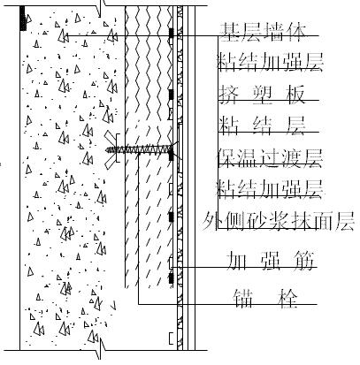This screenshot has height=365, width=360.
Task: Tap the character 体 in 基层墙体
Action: pos(295,32)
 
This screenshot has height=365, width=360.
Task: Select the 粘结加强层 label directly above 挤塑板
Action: pos(270,62)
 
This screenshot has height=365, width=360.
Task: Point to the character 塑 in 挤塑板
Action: pos(263,95)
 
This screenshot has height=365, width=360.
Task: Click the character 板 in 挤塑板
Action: pos(295,95)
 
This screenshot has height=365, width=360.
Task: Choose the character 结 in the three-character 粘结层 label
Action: pos(263,125)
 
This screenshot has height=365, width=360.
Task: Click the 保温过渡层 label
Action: pos(270,158)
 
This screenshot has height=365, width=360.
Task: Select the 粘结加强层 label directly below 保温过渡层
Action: pos(270,189)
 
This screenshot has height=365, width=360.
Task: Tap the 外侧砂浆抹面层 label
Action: pos(279,221)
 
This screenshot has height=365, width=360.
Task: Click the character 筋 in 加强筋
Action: pos(303,261)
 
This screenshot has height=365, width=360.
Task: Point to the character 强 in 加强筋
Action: pos(271,261)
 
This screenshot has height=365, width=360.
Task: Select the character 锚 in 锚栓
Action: pos(243,298)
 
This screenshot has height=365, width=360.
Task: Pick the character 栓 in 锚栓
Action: pos(287,298)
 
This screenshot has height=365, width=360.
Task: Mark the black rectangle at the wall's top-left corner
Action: pos(23,18)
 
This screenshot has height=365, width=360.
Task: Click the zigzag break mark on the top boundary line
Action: pos(101,6)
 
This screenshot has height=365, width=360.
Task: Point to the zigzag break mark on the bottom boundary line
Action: pos(101,350)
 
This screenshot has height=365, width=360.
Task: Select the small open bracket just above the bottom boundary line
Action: pos(171,338)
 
